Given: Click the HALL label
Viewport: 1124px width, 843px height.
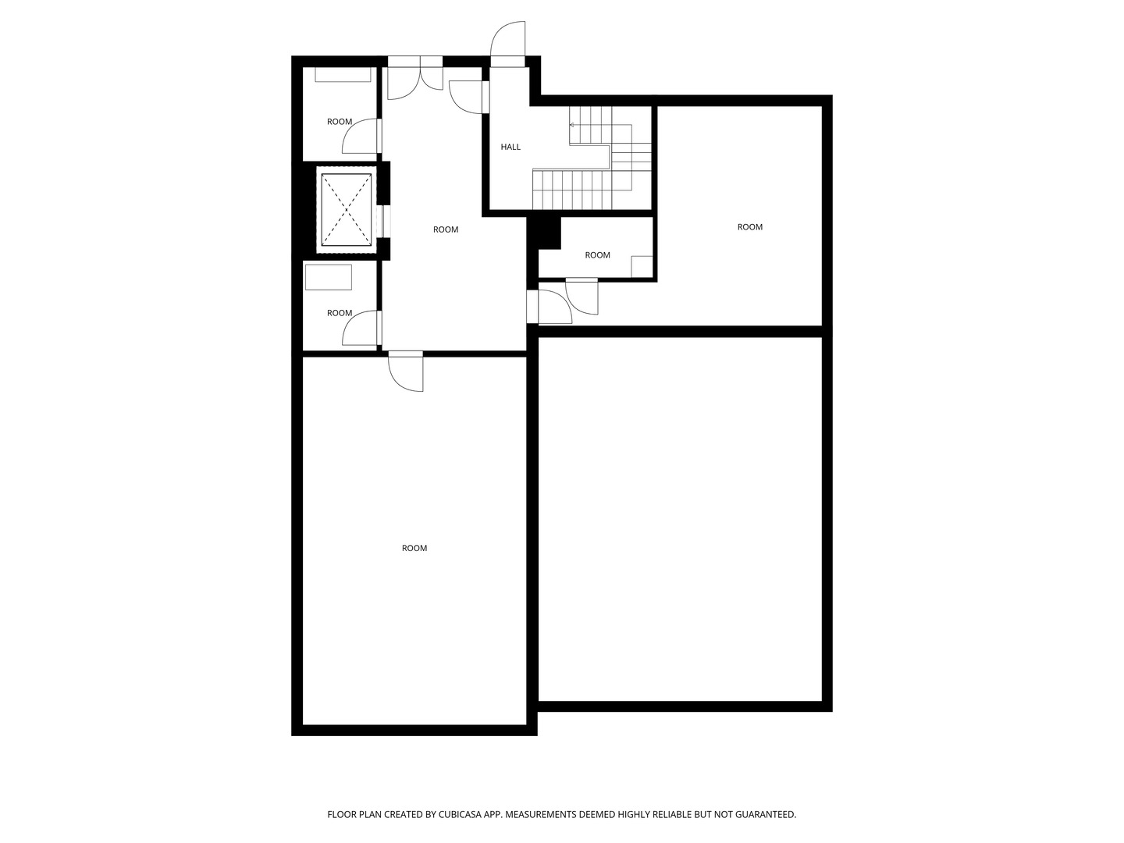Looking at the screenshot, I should (510, 147).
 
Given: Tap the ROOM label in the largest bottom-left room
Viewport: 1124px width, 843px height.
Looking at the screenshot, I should (414, 548).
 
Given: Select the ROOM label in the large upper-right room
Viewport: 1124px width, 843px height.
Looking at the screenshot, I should (749, 227).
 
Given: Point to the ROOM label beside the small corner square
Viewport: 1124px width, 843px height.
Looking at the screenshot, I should (597, 255).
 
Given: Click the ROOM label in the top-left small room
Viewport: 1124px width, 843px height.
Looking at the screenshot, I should (340, 122).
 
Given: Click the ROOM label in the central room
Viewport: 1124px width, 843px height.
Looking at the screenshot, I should (446, 229).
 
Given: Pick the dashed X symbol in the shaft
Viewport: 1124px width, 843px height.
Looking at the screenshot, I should (347, 209).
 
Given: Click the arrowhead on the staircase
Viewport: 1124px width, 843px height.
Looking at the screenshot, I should (572, 125).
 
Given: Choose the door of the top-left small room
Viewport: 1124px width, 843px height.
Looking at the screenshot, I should (361, 137).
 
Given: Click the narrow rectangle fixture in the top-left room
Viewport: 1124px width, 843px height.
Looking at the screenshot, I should (343, 75).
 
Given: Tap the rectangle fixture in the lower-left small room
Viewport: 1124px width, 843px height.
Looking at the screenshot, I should (329, 278).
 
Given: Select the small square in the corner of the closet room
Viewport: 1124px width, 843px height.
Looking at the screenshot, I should (642, 266).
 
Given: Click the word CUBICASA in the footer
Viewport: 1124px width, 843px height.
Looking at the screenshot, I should (454, 814).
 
